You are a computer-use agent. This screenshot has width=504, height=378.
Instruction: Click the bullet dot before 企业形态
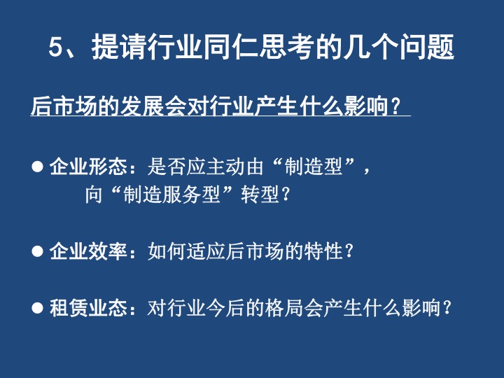[37, 167]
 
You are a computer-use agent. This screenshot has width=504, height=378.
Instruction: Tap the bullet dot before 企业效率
[37, 251]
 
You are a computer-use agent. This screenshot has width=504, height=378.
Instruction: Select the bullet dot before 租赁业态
[37, 307]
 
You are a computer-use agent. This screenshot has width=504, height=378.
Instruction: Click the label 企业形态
[88, 167]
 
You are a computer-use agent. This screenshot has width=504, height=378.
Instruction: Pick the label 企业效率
[88, 251]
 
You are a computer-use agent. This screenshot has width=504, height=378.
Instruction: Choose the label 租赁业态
[88, 307]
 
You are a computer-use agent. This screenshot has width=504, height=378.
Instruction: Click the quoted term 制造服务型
[171, 195]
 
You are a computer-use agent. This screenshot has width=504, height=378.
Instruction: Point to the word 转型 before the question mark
[260, 195]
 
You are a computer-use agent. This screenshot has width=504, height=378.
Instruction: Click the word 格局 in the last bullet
[284, 307]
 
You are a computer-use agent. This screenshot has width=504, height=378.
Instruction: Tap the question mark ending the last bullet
[446, 307]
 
